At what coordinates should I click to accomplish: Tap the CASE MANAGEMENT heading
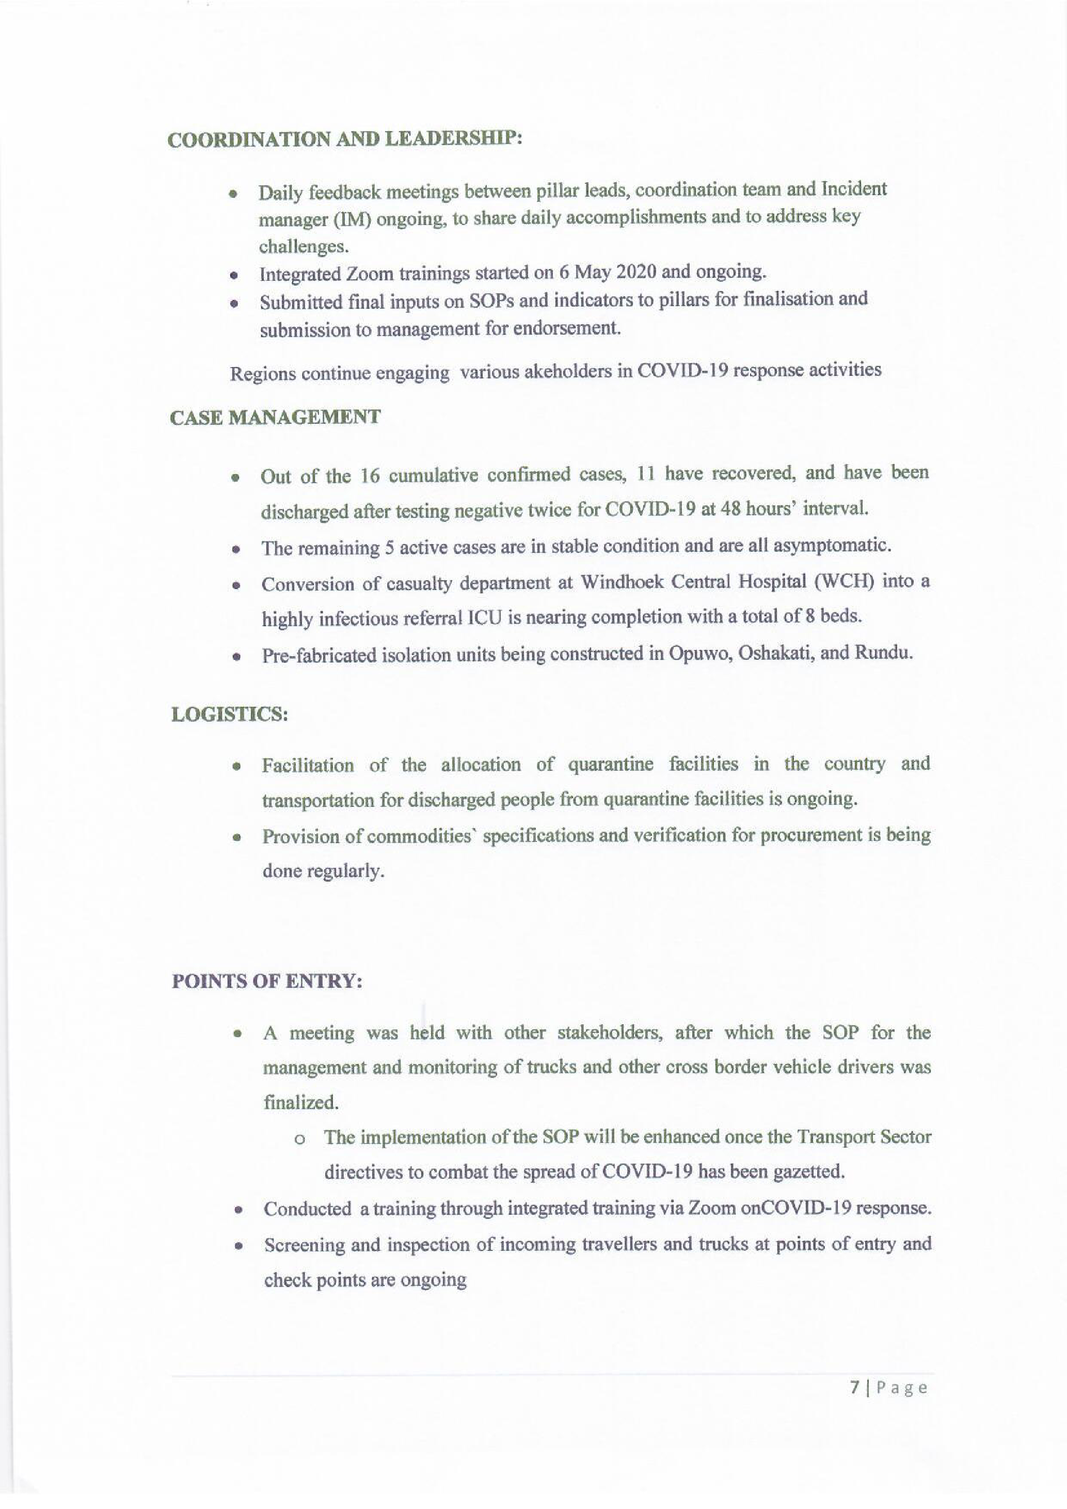(x=275, y=418)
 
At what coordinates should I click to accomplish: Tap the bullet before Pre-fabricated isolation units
(x=234, y=657)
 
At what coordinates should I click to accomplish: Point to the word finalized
(x=301, y=1102)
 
